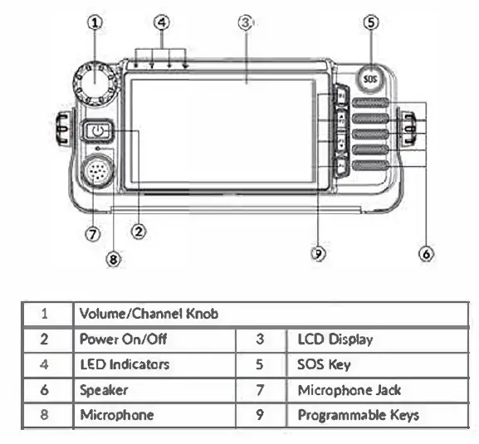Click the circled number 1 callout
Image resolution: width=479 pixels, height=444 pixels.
96,23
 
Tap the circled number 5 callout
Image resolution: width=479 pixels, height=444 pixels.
370,23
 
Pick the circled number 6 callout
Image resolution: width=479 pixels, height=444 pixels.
426,254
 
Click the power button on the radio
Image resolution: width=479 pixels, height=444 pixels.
99,130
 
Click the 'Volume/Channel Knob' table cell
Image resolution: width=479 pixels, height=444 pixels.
149,315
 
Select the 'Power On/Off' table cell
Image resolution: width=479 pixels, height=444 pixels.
116,339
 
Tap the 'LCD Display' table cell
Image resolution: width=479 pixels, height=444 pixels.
335,339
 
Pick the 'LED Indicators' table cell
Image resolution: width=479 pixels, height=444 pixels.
125,363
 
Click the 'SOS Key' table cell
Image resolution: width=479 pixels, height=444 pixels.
324,363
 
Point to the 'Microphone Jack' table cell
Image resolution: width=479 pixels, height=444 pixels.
349,388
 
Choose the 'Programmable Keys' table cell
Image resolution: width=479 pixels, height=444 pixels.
358,414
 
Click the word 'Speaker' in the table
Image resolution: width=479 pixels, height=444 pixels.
104,388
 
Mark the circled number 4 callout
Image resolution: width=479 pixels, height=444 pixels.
163,23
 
